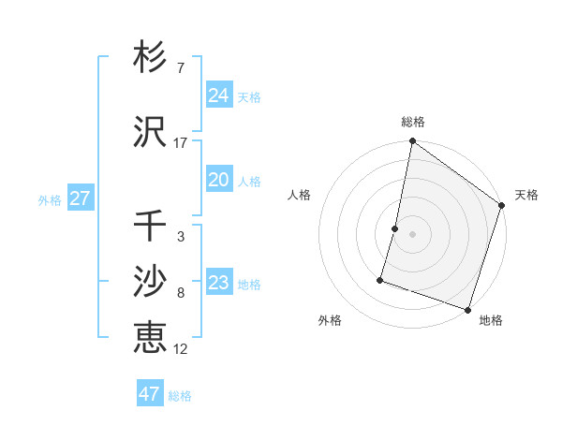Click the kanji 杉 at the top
[150, 58]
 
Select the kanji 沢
[150, 132]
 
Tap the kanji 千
[150, 226]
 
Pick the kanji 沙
[150, 282]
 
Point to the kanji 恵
[150, 337]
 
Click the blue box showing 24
[218, 95]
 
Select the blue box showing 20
[218, 180]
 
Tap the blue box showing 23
[218, 283]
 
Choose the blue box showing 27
[80, 198]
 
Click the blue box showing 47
[150, 394]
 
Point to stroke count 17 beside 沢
[180, 142]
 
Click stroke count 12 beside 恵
[180, 348]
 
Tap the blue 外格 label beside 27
[49, 199]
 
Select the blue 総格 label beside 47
[180, 396]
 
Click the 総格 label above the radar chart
[413, 122]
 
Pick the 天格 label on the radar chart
[526, 195]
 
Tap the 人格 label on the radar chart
[299, 195]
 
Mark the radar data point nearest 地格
[467, 309]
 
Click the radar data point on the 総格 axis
[412, 141]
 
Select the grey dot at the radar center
[412, 234]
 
